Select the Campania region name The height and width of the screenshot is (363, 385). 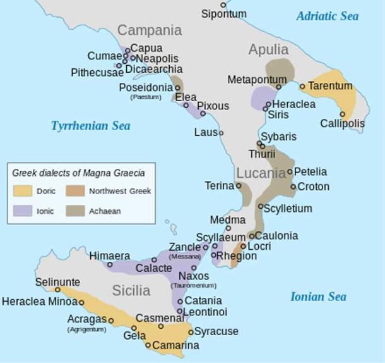click(150, 30)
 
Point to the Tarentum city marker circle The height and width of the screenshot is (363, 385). click(303, 86)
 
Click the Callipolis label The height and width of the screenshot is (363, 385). click(341, 123)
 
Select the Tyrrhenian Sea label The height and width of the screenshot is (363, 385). click(90, 126)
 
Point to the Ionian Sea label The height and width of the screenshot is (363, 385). click(318, 297)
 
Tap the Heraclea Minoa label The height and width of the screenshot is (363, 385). click(38, 302)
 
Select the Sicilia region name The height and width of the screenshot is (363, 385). click(131, 291)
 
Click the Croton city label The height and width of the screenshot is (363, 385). click(313, 187)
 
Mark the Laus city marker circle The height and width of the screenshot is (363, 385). click(221, 133)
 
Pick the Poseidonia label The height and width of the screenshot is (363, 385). click(145, 87)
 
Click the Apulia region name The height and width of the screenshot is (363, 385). click(269, 49)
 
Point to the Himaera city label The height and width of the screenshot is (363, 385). click(109, 255)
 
